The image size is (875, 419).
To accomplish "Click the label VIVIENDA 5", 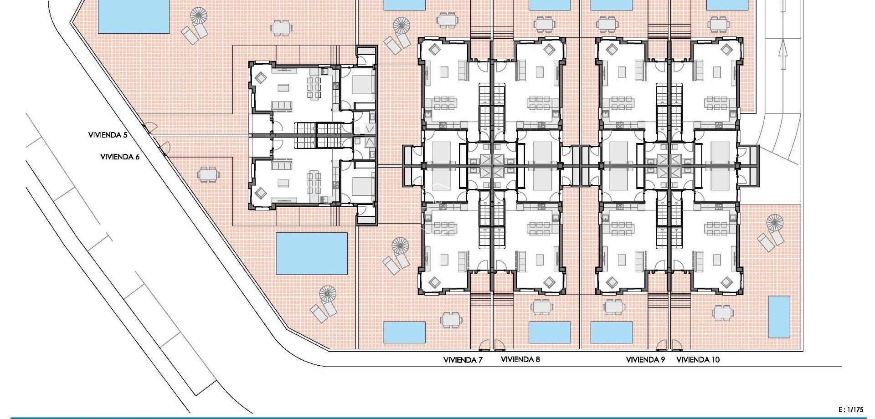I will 108,135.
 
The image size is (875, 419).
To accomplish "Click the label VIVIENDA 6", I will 120,157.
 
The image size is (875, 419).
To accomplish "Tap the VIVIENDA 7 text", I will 463,360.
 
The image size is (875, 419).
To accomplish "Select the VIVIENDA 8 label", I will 520,359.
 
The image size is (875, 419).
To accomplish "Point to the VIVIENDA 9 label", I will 645,360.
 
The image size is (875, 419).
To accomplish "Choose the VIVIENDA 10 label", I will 698,360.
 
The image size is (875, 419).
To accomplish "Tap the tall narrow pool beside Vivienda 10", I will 779,317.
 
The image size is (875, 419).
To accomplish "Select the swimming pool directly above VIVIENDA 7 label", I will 404,332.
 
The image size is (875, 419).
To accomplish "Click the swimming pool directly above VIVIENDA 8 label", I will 550,332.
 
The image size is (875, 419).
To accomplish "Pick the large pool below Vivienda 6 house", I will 312,254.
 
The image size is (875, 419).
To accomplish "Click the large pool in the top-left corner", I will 134,16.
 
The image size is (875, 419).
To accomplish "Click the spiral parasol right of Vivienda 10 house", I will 774,223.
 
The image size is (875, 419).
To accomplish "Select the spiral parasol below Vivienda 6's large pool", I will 327,294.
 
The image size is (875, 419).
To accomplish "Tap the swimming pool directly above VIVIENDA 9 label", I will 612,332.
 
